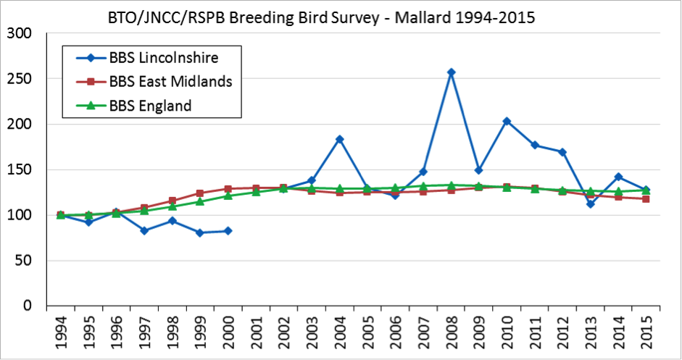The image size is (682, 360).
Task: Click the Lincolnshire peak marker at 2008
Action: [x=451, y=72]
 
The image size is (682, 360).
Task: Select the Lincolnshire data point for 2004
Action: [x=339, y=139]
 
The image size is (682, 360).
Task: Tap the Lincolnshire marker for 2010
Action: [x=507, y=121]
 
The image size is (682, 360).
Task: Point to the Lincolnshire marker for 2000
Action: [x=228, y=230]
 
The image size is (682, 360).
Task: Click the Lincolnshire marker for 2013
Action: [x=591, y=204]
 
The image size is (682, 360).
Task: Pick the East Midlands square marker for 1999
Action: [x=200, y=193]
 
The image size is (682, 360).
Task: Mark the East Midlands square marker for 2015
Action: [x=646, y=198]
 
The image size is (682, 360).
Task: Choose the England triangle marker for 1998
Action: [x=172, y=206]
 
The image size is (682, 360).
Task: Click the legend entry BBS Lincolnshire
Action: [x=164, y=56]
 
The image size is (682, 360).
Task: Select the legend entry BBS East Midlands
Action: [x=171, y=81]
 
